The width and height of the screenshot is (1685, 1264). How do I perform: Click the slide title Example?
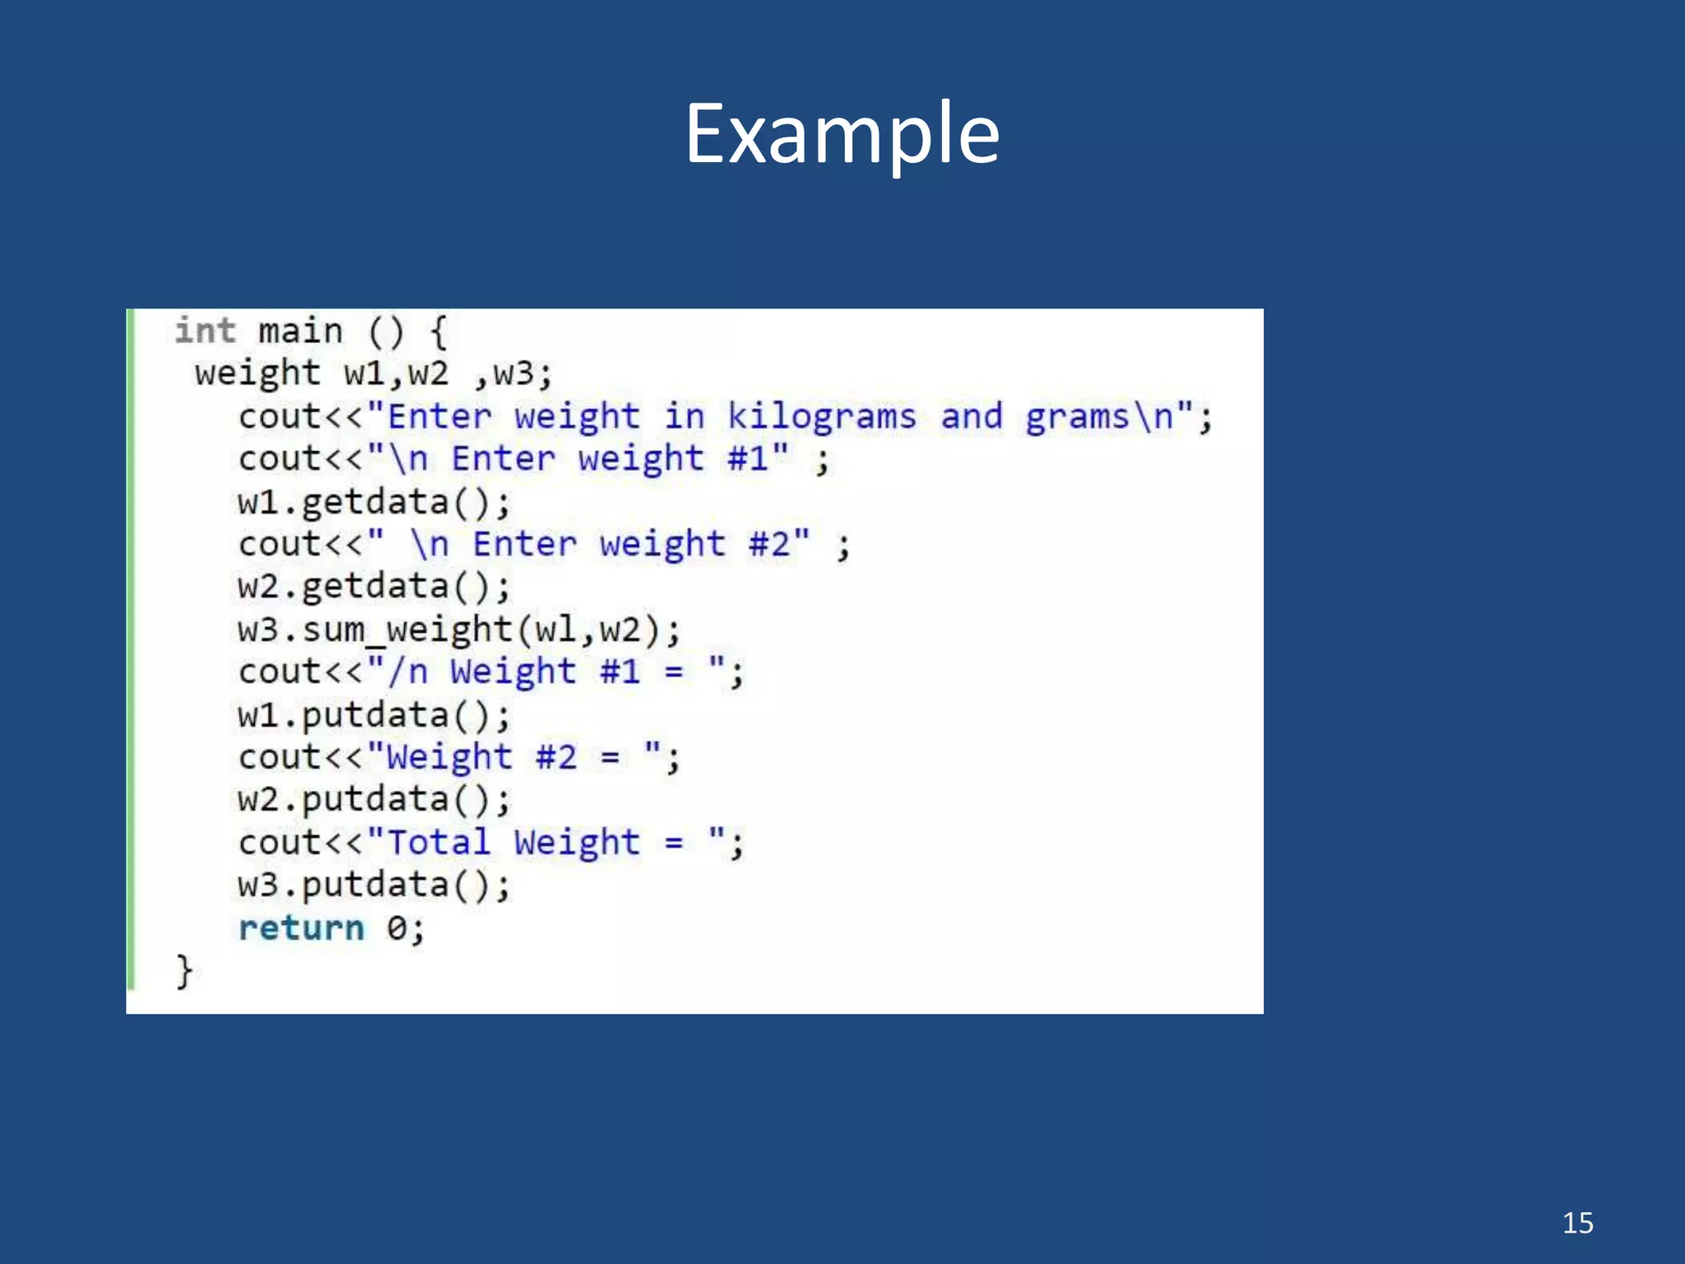842,133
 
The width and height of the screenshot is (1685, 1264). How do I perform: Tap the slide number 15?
1577,1223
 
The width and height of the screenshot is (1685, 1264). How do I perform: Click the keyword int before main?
205,331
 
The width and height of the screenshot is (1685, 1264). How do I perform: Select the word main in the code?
300,331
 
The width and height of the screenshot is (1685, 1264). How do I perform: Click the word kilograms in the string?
821,416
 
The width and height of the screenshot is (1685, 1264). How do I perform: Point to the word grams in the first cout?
1077,416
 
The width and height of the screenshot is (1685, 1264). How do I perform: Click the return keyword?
301,928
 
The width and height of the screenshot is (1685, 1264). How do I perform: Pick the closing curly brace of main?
184,971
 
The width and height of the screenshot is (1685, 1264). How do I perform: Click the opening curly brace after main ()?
439,332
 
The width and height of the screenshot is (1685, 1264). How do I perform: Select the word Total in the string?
439,843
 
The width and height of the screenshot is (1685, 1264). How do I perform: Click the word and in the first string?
972,416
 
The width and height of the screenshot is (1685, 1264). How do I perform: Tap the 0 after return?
397,928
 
